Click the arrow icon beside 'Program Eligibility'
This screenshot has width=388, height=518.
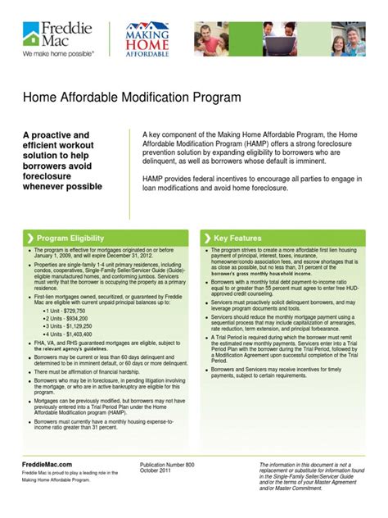tap(32, 238)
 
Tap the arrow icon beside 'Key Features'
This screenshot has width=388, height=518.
tap(208, 238)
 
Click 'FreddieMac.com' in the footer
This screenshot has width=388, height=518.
tap(48, 463)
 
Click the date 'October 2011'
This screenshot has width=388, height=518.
tap(156, 470)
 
